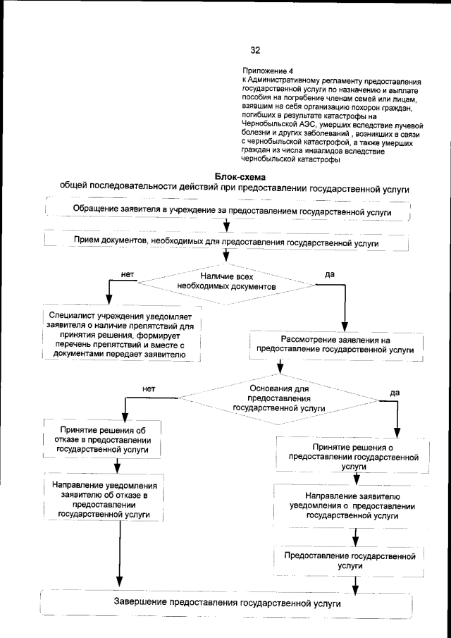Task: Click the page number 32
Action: point(254,49)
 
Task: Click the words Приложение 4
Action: point(266,72)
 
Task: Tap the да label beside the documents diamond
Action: point(329,273)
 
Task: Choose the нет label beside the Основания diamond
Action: point(149,388)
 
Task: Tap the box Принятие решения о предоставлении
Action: point(354,456)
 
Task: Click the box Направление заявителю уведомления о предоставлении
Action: point(354,505)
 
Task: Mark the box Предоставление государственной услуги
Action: point(354,560)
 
